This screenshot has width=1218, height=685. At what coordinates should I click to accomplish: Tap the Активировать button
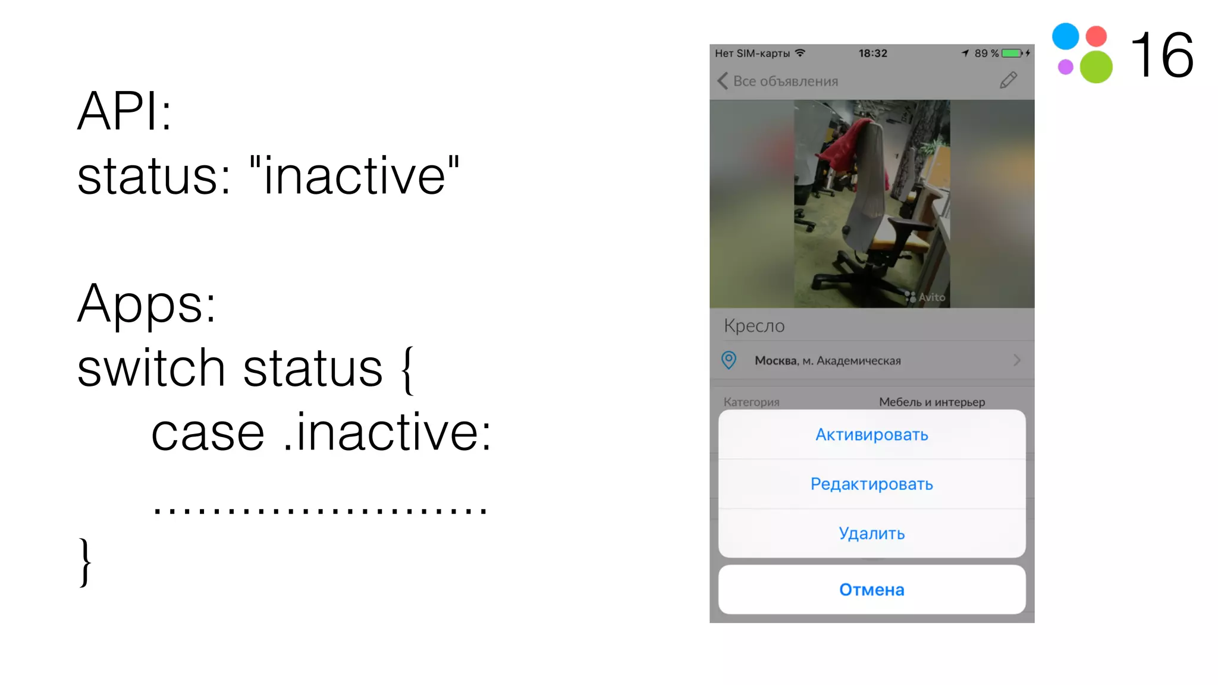tap(871, 435)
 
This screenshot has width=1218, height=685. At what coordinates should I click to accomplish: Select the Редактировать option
tap(871, 484)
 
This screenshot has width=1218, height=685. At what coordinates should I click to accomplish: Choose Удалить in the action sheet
tap(871, 533)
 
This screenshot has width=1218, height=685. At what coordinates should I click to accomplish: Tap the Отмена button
tap(871, 589)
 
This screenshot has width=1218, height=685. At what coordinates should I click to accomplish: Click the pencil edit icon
tap(1008, 80)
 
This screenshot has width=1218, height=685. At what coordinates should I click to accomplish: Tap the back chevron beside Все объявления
tap(723, 81)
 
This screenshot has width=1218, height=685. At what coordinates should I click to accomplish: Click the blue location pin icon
tap(729, 360)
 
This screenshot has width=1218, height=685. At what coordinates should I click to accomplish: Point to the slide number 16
tap(1162, 55)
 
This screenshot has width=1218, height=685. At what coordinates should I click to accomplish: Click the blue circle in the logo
tap(1065, 36)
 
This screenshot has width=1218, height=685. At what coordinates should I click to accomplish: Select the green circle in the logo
tap(1096, 67)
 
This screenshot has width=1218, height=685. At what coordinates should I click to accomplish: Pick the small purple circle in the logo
tap(1065, 67)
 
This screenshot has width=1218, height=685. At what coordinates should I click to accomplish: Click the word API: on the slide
tap(125, 111)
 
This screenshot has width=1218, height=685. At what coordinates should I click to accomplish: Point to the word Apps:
tap(146, 304)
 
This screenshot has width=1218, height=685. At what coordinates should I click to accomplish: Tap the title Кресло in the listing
tap(754, 326)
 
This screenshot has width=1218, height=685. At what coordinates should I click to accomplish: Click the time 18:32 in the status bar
tap(872, 54)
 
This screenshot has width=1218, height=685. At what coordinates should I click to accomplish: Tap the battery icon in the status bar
tap(1012, 54)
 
